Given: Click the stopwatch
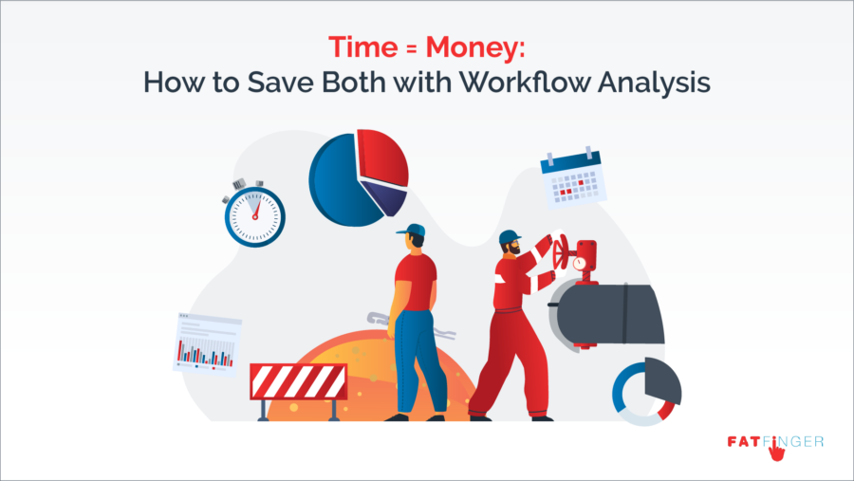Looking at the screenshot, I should pyautogui.click(x=253, y=213).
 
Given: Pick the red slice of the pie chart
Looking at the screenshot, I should pyautogui.click(x=381, y=157).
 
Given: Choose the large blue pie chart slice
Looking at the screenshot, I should pyautogui.click(x=337, y=180).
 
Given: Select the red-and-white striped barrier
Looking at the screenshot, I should pyautogui.click(x=298, y=382).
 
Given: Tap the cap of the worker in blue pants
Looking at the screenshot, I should pyautogui.click(x=413, y=230).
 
